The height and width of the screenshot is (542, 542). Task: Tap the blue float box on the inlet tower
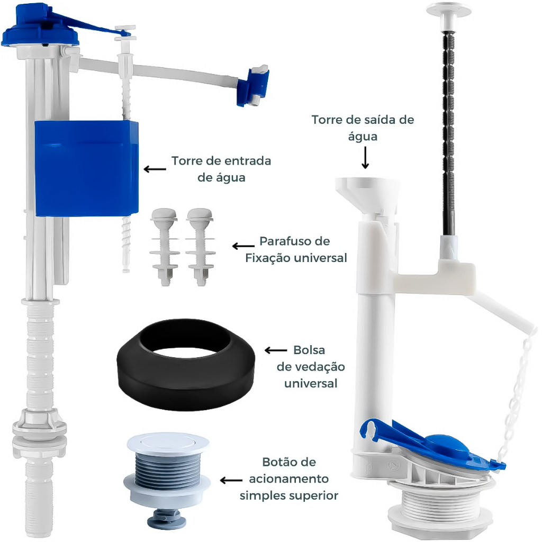(x=86, y=168)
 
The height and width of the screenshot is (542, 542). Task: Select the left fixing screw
(x=164, y=247)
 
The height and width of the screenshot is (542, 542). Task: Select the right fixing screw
(x=200, y=247)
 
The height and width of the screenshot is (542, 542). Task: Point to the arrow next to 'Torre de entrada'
(x=155, y=169)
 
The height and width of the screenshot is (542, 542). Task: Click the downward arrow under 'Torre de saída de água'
(x=365, y=158)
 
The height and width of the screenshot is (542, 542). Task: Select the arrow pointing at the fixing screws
(x=243, y=246)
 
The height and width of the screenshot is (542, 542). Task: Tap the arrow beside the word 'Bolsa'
(x=276, y=350)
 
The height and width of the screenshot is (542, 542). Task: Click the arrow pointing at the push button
(x=231, y=480)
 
